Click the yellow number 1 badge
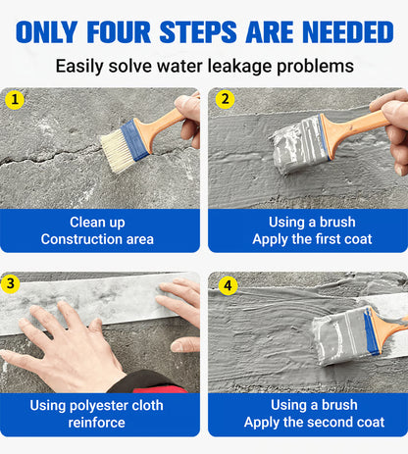(x=15, y=100)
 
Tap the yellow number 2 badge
(x=226, y=100)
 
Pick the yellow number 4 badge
(x=228, y=286)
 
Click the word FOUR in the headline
(x=127, y=31)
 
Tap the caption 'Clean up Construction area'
(x=97, y=230)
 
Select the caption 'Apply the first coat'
(x=312, y=239)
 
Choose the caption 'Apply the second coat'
(x=312, y=423)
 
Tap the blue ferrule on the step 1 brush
(x=136, y=140)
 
